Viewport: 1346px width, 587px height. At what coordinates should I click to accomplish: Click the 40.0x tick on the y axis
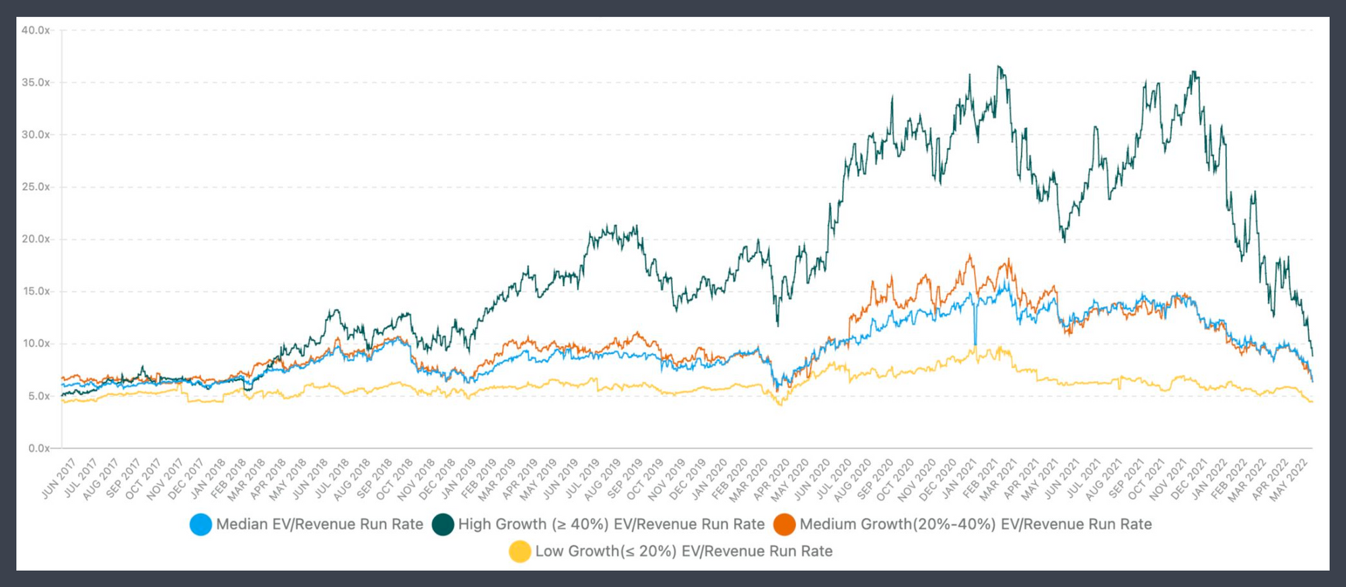tap(36, 30)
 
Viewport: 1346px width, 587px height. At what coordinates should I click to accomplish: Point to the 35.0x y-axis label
tap(36, 83)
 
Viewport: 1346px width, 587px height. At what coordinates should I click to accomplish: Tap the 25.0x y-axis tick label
tap(36, 187)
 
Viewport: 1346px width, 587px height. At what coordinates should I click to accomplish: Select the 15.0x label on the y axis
tap(36, 291)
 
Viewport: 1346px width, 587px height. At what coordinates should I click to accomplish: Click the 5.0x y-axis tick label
tap(38, 396)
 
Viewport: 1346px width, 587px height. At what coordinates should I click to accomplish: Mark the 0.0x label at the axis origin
tap(38, 448)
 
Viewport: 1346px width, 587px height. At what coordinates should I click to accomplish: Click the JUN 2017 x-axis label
tap(59, 479)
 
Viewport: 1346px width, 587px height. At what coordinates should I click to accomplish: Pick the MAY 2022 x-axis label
tap(1289, 479)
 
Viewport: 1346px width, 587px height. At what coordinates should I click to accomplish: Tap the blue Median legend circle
tap(201, 524)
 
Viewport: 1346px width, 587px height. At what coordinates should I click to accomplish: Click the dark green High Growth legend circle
tap(443, 524)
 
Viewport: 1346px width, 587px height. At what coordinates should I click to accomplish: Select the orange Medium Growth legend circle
tap(784, 524)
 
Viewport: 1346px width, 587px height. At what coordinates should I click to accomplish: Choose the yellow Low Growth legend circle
tap(520, 551)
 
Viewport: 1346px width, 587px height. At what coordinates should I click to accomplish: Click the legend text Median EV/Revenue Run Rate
tap(320, 524)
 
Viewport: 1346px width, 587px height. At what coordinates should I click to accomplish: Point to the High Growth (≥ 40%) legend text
tap(611, 524)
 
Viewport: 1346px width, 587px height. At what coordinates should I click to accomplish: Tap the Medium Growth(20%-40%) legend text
tap(976, 524)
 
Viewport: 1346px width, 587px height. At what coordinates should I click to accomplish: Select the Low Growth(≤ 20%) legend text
tap(684, 551)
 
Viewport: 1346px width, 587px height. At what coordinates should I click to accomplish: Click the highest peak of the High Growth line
tap(999, 67)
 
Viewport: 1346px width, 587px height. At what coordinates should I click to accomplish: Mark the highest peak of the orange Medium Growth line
tap(970, 255)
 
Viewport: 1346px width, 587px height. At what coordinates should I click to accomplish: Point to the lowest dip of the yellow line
tap(781, 405)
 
